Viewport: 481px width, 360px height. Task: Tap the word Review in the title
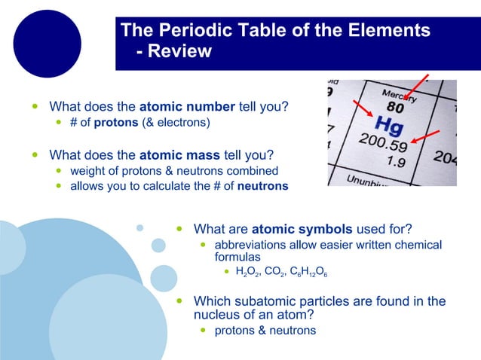180,51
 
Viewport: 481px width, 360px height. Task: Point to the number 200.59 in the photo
384,142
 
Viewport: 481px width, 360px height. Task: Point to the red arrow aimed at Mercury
418,87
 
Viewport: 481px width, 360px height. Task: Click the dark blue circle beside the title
47,44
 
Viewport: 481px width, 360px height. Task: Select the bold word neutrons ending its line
263,186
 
